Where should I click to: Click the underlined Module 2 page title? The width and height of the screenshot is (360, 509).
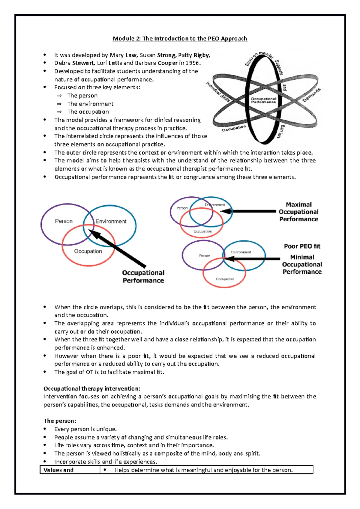click(x=180, y=38)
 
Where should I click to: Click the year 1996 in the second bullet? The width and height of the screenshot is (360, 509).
click(x=192, y=63)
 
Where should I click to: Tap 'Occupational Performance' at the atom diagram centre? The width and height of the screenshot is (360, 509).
click(x=263, y=100)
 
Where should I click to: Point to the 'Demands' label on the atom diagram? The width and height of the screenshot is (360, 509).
click(x=311, y=95)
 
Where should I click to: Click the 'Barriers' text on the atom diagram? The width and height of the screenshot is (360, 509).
click(x=281, y=131)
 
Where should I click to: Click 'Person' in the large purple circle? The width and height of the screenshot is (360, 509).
click(x=64, y=221)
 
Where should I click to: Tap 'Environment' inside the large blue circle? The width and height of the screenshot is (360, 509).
click(x=111, y=222)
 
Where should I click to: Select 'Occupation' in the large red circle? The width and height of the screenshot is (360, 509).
click(x=88, y=251)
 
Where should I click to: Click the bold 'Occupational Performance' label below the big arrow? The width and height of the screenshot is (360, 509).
click(x=143, y=277)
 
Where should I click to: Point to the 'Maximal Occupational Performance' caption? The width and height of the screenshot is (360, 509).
click(x=298, y=212)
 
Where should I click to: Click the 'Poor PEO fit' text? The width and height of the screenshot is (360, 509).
click(x=302, y=246)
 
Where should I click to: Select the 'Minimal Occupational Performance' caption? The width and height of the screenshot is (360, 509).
click(x=302, y=264)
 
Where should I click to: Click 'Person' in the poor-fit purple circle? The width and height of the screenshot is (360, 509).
click(x=205, y=256)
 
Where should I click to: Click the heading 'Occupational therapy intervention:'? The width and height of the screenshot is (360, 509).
click(x=92, y=389)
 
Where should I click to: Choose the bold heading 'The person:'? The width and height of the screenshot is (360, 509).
click(x=60, y=421)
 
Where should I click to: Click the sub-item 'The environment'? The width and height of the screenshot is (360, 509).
click(x=90, y=104)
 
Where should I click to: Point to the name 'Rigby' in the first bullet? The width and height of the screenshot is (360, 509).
click(x=201, y=55)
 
